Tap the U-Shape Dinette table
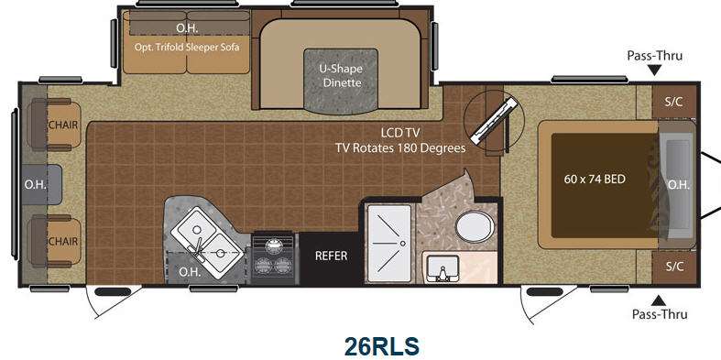click(341, 81)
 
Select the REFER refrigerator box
click(331, 257)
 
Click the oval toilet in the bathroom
click(475, 225)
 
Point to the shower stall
click(389, 244)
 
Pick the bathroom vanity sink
click(442, 270)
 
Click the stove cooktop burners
click(274, 258)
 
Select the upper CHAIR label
click(63, 125)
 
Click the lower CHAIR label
click(63, 242)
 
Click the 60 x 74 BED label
click(595, 179)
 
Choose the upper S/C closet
click(673, 102)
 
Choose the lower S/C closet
click(673, 267)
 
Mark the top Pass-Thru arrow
click(655, 71)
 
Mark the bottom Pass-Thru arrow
click(659, 300)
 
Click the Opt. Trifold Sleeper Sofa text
click(187, 47)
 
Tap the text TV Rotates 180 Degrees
click(400, 148)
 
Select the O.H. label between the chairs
click(36, 185)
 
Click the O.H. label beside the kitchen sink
click(190, 272)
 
